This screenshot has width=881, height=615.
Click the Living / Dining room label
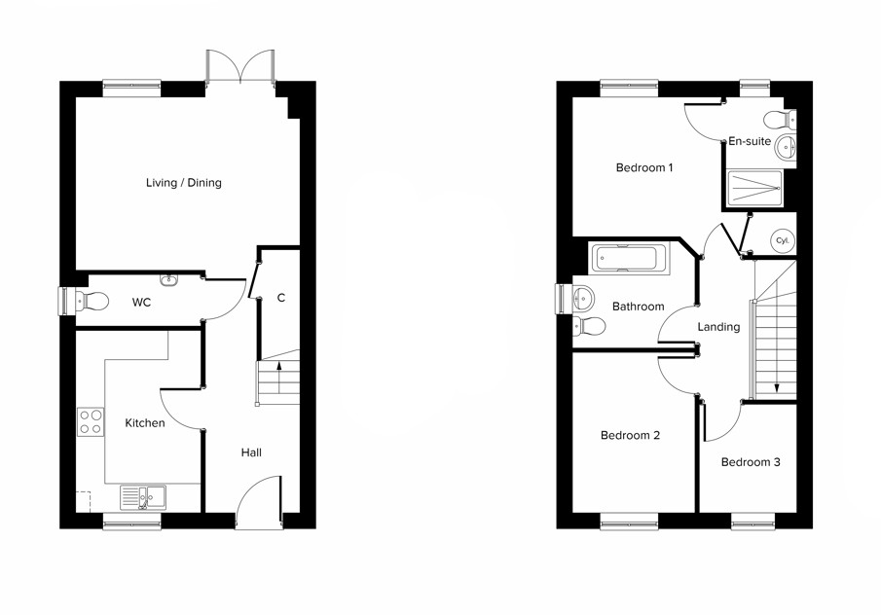click(x=183, y=183)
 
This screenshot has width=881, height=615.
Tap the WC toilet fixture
click(x=94, y=301)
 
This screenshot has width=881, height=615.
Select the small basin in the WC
click(x=170, y=280)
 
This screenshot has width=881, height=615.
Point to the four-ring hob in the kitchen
click(x=91, y=422)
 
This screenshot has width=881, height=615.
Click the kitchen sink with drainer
click(x=143, y=498)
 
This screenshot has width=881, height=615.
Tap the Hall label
click(x=251, y=452)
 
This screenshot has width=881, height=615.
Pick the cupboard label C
click(x=280, y=298)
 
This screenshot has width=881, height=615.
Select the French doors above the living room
click(x=240, y=68)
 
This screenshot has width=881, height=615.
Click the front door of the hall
click(x=259, y=501)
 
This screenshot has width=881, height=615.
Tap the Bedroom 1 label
click(x=644, y=167)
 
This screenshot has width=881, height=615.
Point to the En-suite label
click(x=750, y=141)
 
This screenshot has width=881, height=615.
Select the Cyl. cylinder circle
click(x=782, y=241)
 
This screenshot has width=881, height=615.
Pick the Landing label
click(x=718, y=327)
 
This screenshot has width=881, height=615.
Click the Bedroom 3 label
click(x=750, y=462)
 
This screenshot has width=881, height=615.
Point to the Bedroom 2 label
click(x=630, y=435)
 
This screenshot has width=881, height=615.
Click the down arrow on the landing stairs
click(x=777, y=388)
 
